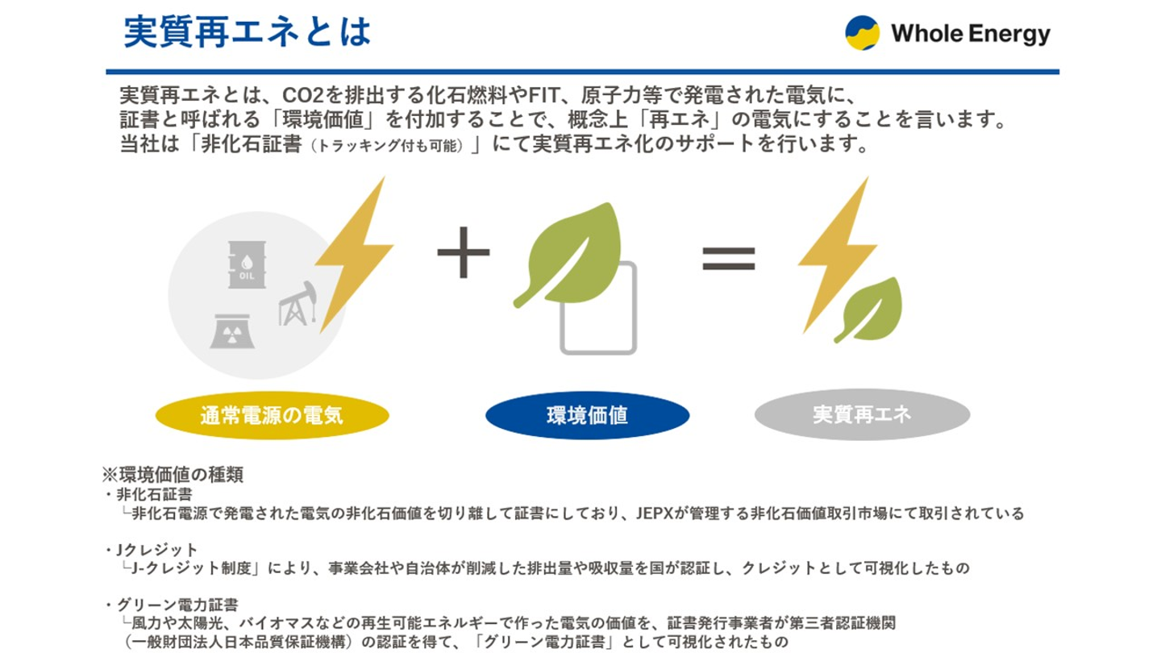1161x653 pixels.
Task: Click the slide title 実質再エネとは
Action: point(248,33)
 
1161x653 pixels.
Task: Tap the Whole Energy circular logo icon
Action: point(862,33)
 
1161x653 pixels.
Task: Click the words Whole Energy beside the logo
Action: point(970,34)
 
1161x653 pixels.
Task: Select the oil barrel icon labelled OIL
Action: point(247,264)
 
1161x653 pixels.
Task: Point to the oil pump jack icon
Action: point(298,305)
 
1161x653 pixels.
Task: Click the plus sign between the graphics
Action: point(464,252)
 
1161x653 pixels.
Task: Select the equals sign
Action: point(729,257)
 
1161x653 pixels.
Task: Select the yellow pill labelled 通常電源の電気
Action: point(272,416)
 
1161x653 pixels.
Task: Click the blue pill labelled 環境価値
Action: point(587,416)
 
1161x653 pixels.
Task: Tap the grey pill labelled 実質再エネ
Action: point(862,414)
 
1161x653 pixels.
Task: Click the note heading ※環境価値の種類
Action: point(172,475)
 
